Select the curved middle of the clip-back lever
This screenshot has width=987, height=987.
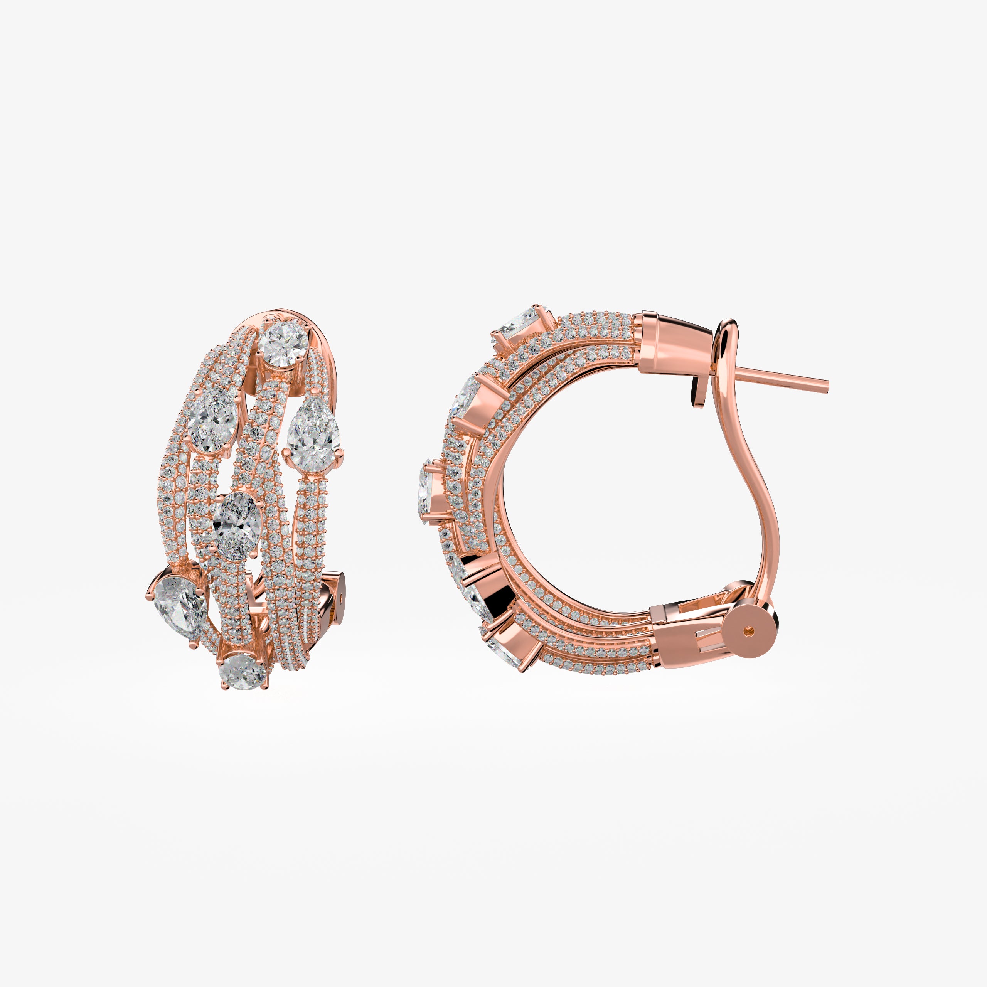coord(765,511)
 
